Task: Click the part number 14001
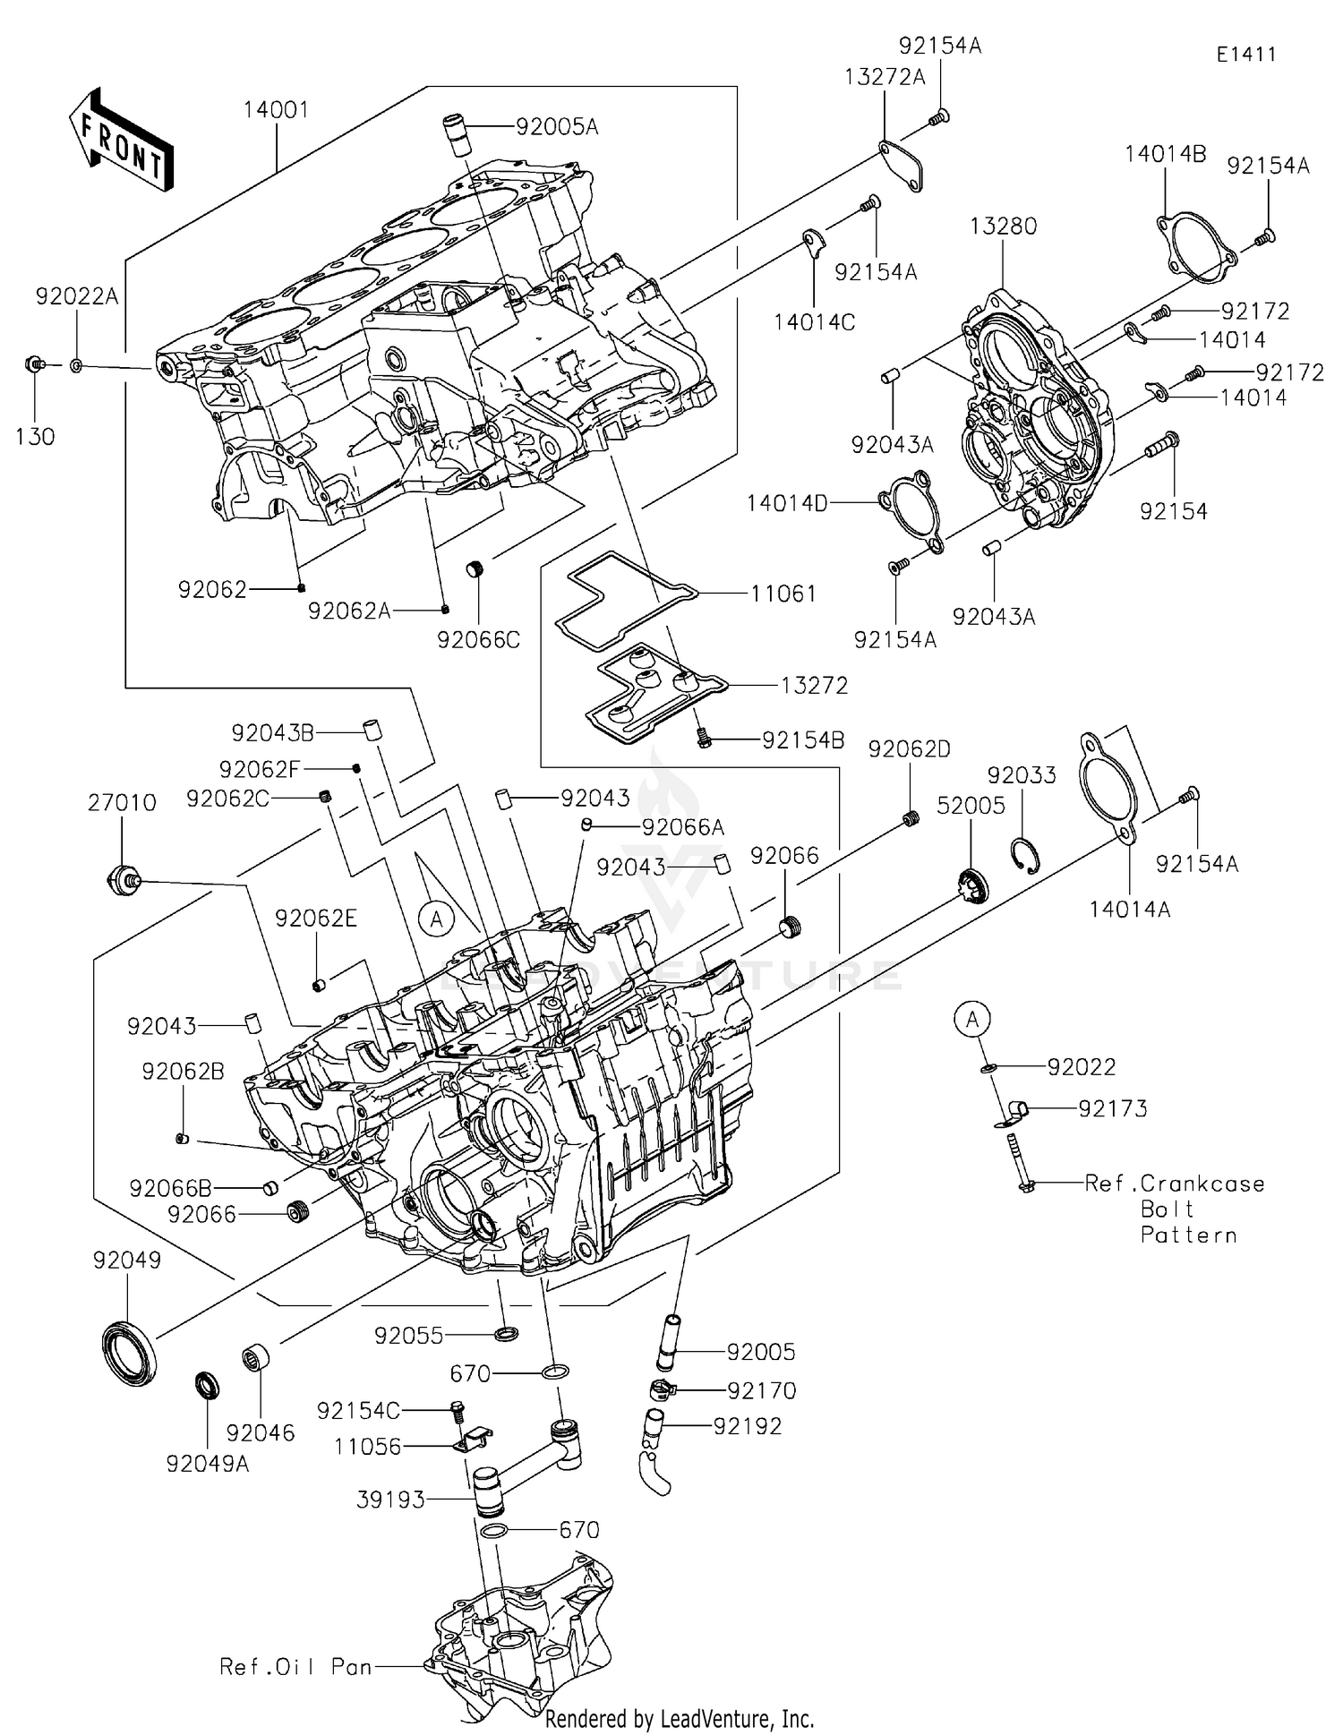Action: coord(276,110)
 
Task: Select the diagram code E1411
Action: coord(1245,54)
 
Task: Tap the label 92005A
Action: coord(556,127)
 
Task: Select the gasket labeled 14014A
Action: coord(1108,789)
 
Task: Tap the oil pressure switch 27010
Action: coord(121,879)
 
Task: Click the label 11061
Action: coord(783,594)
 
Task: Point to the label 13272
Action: coord(814,686)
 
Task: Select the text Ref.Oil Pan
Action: coord(295,1666)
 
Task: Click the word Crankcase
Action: coord(1202,1184)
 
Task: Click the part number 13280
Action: coord(1003,226)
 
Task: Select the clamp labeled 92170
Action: coord(661,1389)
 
